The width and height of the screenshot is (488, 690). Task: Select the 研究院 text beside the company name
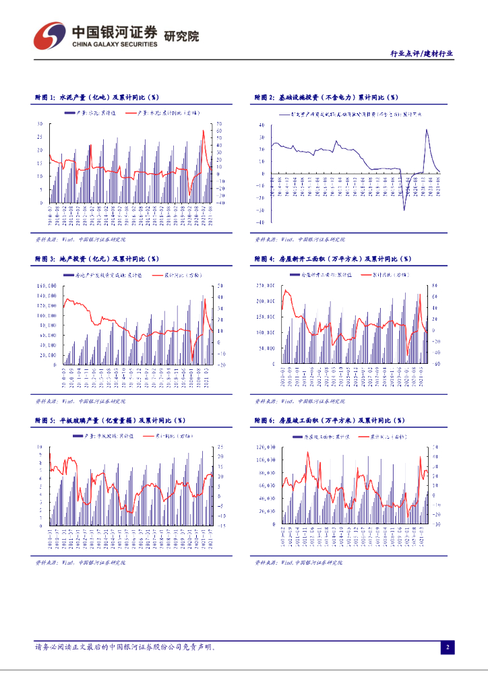(182, 36)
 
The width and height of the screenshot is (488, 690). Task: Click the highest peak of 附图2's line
(426, 129)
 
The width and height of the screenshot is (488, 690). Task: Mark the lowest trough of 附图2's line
(404, 210)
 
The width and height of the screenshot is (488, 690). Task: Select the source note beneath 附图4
(299, 401)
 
